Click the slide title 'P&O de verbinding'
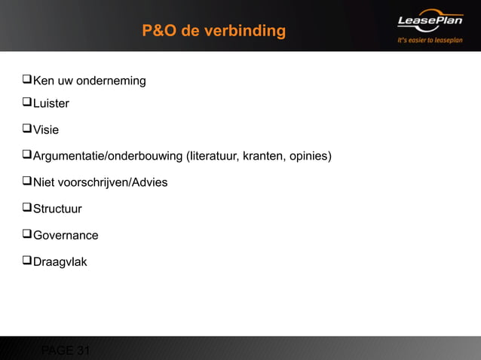coord(214,31)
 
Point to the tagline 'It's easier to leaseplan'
coord(430,40)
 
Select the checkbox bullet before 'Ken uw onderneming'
coord(26,80)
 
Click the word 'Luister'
coord(51,103)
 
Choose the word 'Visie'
coord(46,130)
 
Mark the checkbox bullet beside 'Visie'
coord(26,129)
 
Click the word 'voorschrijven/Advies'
coord(112,182)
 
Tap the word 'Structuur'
coord(57,209)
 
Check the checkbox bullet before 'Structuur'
coord(26,208)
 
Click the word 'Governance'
coord(66,235)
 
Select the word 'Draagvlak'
coord(60,261)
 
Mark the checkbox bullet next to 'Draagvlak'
coord(26,261)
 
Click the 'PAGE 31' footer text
coord(66,350)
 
